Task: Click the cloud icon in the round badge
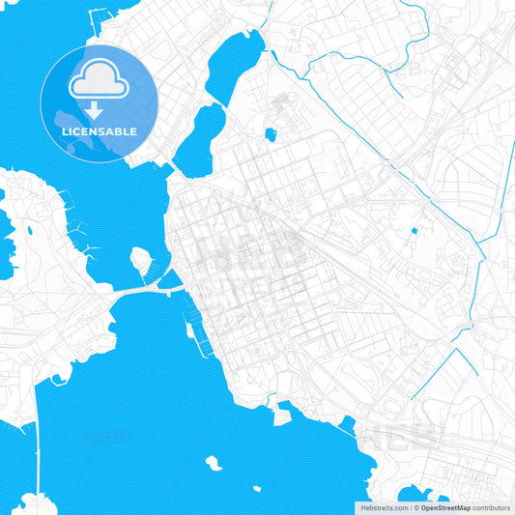(x=99, y=80)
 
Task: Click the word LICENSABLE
(x=99, y=130)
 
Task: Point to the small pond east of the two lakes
(x=271, y=134)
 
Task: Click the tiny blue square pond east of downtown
(x=415, y=231)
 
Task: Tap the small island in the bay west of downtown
(x=141, y=261)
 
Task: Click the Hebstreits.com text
(x=383, y=507)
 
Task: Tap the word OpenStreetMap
(x=445, y=507)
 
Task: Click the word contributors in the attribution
(x=491, y=507)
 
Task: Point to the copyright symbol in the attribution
(x=415, y=507)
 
